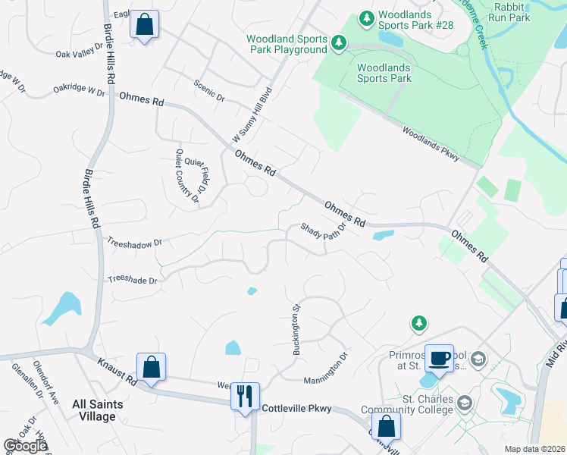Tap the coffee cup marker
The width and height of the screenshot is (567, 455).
coord(438,358)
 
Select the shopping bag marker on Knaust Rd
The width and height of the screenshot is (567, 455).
coord(151,367)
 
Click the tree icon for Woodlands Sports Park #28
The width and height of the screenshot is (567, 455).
coord(367,17)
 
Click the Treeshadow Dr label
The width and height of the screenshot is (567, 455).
coord(135,243)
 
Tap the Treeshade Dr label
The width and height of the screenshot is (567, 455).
coord(133,280)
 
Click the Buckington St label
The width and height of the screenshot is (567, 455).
coord(297,330)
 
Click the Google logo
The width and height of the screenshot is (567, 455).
coord(25,446)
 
